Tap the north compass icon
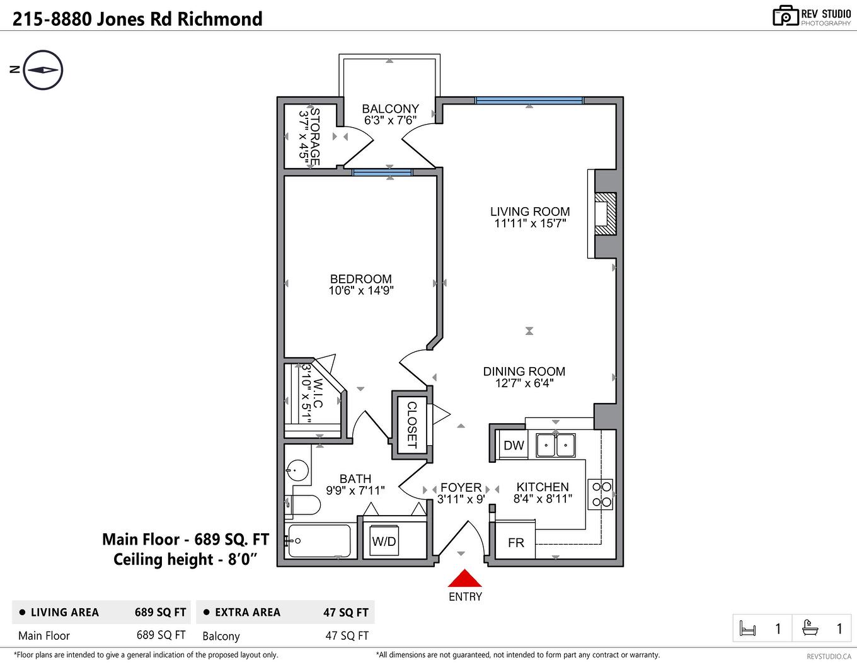coord(43,70)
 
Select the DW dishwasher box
coord(514,445)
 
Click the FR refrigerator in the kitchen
coord(515,541)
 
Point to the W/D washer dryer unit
coord(384,541)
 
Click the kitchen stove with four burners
coord(600,494)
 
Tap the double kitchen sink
coord(555,445)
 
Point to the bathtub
coord(319,540)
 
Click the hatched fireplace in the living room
coord(605,213)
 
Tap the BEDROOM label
coord(360,279)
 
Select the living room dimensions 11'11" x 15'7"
coord(530,224)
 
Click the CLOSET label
coord(411,425)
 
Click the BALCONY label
coord(390,109)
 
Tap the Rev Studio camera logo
coord(785,16)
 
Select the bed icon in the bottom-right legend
coord(748,628)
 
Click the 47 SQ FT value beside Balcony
coord(347,636)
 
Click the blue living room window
coord(529,100)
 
